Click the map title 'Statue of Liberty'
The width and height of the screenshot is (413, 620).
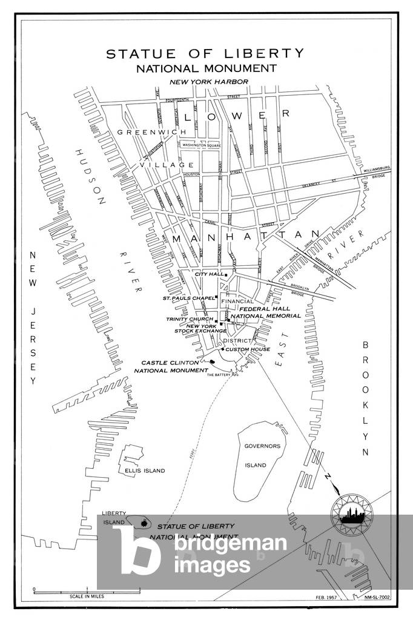click(205, 54)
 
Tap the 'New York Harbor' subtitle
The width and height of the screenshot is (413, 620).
click(209, 81)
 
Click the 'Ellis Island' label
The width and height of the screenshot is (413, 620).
click(145, 470)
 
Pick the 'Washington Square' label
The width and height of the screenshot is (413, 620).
click(200, 145)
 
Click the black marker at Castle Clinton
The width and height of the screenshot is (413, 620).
click(212, 362)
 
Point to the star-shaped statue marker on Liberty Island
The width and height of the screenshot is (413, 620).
click(144, 523)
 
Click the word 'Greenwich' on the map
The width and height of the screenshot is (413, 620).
click(137, 131)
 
